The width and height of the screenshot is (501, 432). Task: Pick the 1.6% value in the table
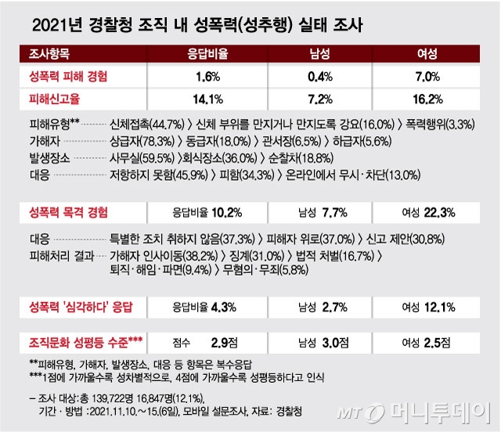209,77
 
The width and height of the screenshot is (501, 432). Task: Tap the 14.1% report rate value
209,99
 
